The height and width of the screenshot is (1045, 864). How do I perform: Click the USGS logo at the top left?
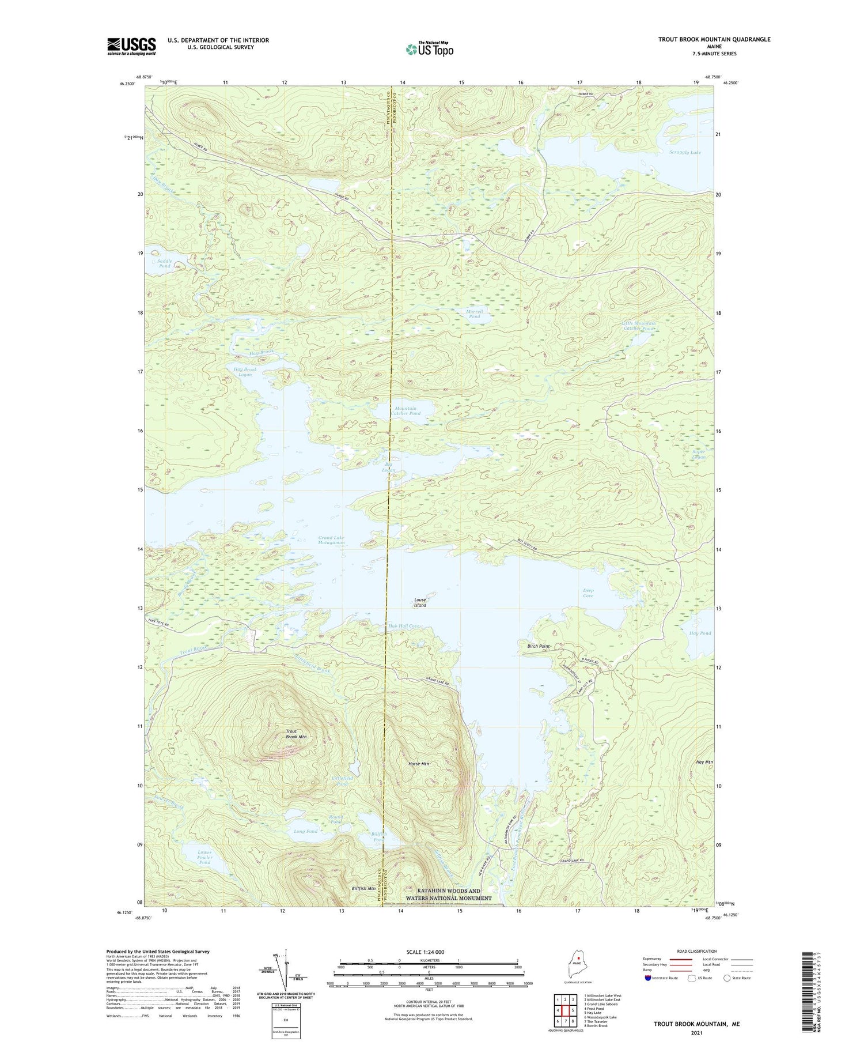pyautogui.click(x=131, y=46)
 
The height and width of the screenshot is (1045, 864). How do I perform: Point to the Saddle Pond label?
pyautogui.click(x=165, y=263)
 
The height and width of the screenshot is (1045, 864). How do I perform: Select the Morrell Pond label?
pyautogui.click(x=473, y=314)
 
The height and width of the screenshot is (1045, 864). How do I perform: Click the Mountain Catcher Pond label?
pyautogui.click(x=406, y=411)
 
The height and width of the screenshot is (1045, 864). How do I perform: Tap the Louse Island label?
pyautogui.click(x=420, y=602)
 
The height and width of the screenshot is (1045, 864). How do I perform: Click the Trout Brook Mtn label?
pyautogui.click(x=296, y=734)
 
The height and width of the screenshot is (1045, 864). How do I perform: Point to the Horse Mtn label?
pyautogui.click(x=417, y=764)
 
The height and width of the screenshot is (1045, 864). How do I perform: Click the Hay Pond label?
pyautogui.click(x=700, y=633)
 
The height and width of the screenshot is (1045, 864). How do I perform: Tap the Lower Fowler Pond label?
pyautogui.click(x=204, y=857)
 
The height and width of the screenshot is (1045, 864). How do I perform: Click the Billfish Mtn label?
pyautogui.click(x=363, y=889)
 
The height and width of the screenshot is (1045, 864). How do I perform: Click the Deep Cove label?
pyautogui.click(x=588, y=593)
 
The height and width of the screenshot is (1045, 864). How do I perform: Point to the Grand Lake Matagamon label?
pyautogui.click(x=331, y=540)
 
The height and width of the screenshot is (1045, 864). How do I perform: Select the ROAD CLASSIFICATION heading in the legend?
pyautogui.click(x=697, y=951)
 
